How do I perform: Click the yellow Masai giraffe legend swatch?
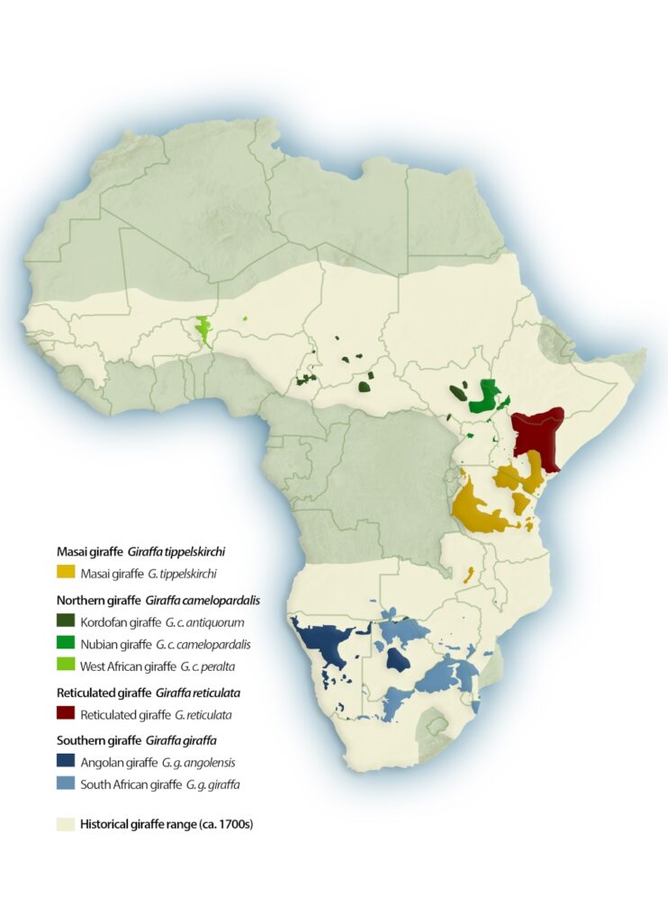tap(65, 572)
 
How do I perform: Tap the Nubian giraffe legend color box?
tap(65, 644)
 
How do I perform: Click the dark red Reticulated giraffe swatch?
tap(65, 715)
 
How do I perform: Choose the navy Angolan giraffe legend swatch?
tap(65, 763)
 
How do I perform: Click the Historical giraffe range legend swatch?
tap(65, 823)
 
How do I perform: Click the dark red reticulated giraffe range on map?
tap(537, 436)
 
